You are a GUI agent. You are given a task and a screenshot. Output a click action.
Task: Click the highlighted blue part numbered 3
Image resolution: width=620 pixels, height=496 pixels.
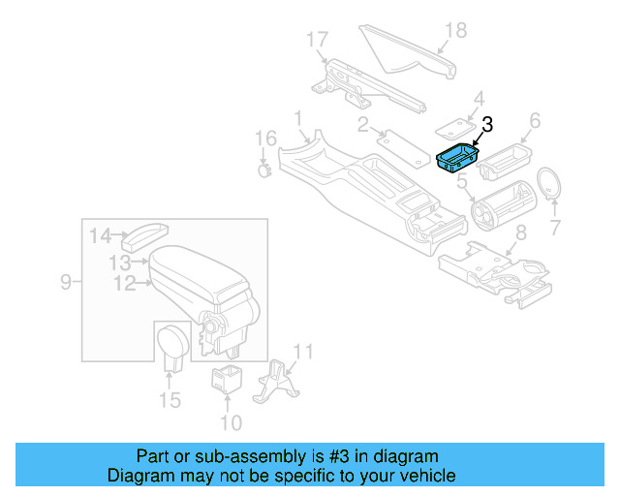point(455,158)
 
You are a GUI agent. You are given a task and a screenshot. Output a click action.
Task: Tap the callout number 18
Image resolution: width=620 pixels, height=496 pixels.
point(454,31)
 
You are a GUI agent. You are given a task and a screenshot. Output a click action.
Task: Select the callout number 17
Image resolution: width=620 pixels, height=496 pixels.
point(318,40)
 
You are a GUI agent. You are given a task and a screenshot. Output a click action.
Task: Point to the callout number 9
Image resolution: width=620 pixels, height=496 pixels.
point(66,283)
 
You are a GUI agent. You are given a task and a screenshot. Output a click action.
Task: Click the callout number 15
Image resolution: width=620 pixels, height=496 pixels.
point(170,400)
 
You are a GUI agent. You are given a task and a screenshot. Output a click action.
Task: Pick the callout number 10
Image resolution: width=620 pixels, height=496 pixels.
point(230,422)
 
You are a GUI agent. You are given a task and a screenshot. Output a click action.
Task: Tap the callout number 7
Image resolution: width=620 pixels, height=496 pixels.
point(555,229)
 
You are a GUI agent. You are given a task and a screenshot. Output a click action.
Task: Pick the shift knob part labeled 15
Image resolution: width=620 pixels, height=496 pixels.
point(172,344)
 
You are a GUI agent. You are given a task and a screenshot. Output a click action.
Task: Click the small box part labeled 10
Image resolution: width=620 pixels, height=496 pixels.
point(227,381)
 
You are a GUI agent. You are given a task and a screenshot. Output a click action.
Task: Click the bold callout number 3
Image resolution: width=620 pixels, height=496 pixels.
point(486,123)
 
